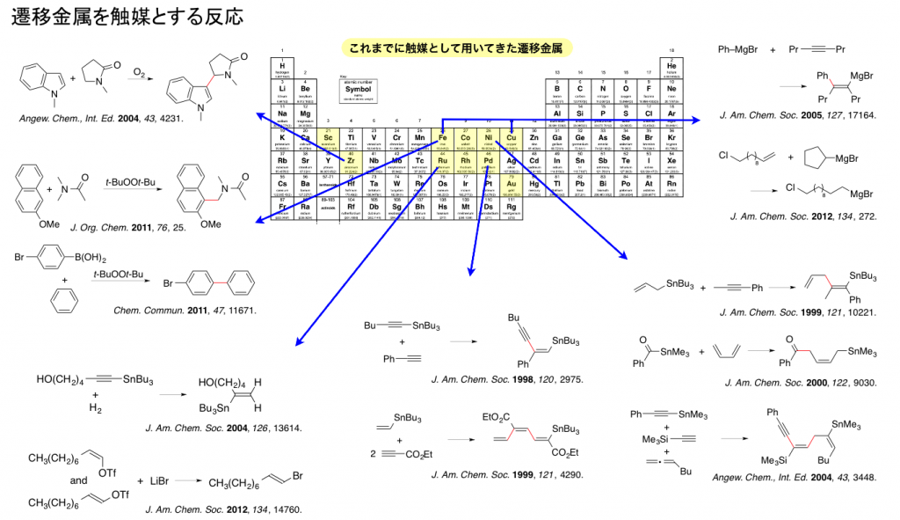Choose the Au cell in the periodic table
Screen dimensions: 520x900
(511, 183)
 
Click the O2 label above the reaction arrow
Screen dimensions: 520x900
(140, 70)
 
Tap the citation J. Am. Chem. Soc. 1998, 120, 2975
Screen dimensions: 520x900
(507, 380)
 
